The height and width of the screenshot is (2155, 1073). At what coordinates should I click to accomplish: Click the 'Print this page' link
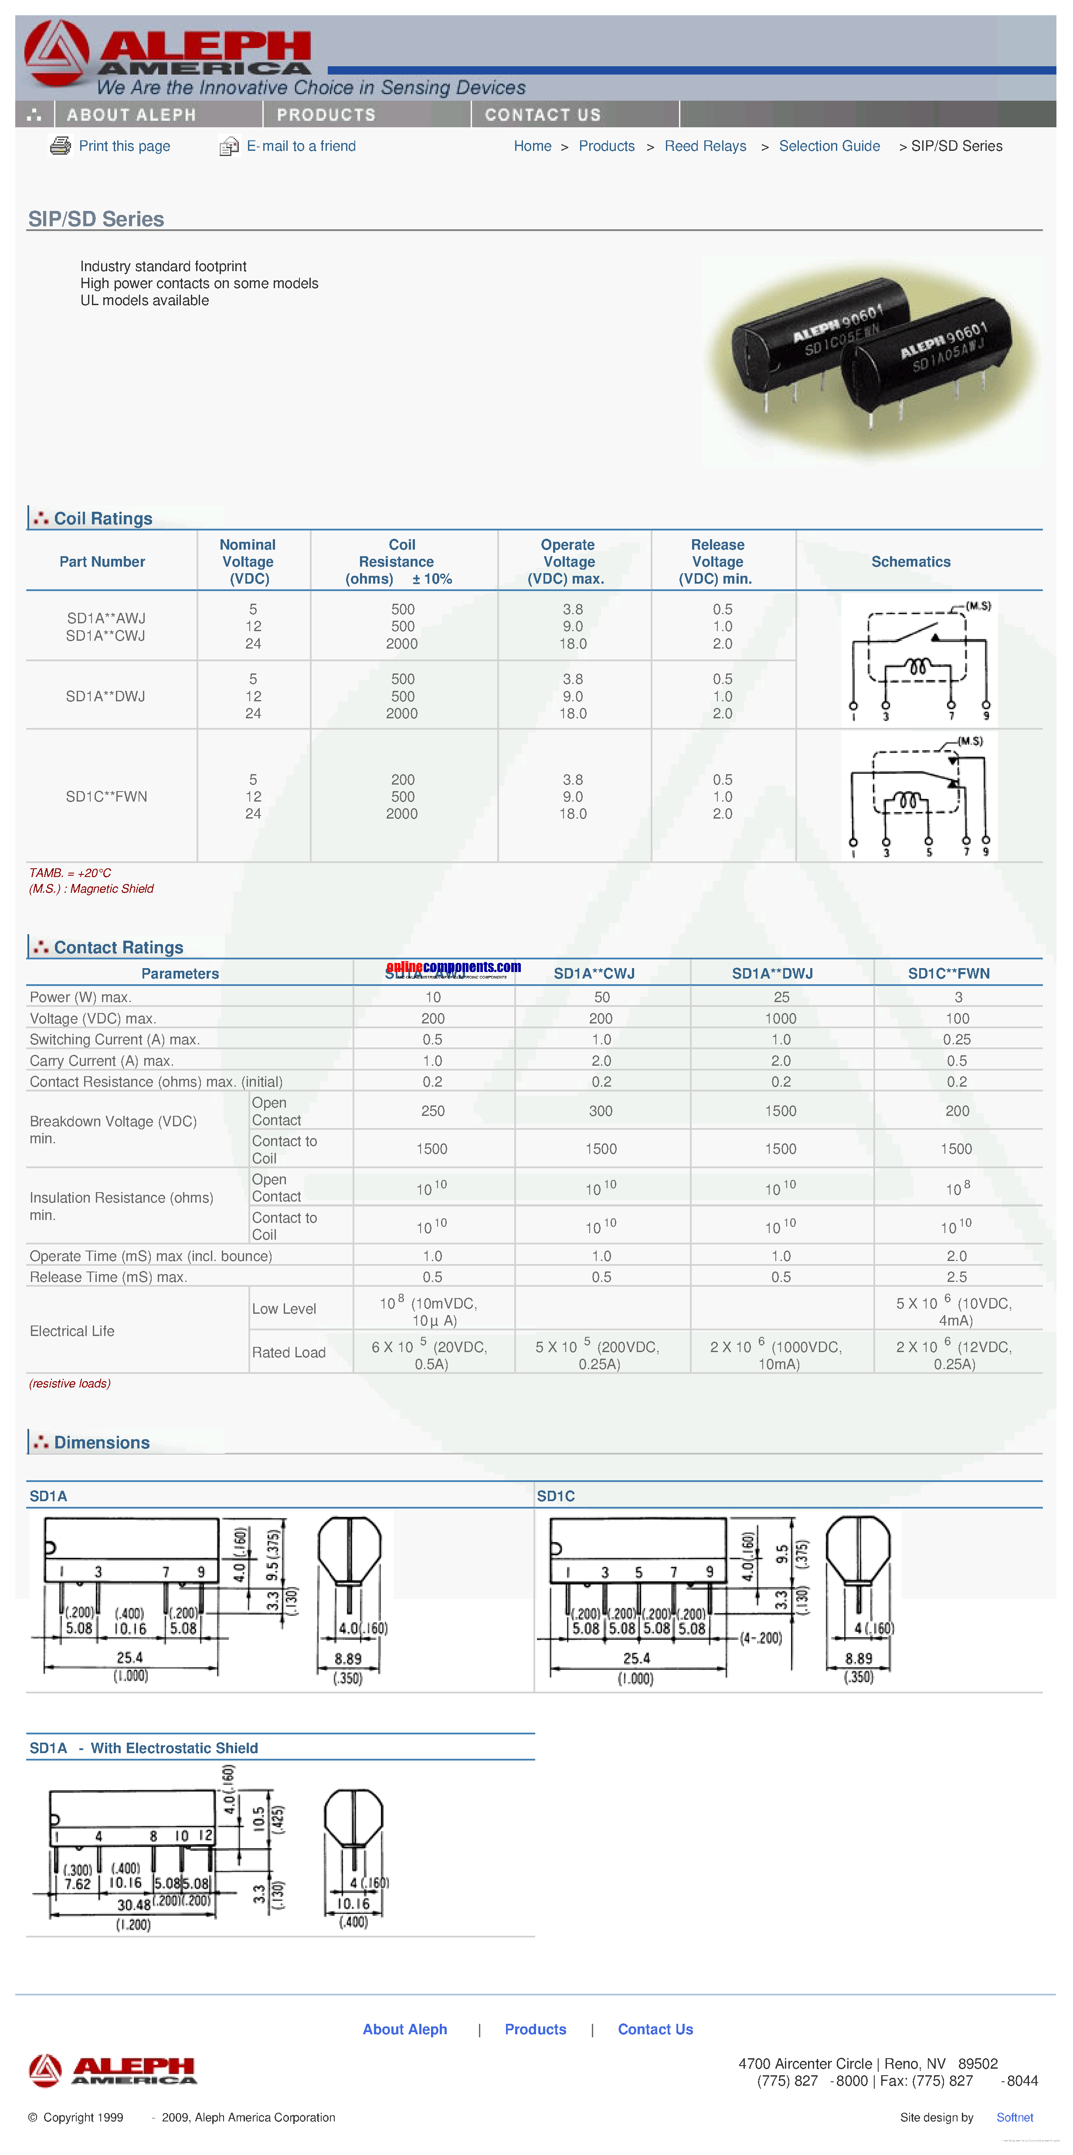pyautogui.click(x=124, y=146)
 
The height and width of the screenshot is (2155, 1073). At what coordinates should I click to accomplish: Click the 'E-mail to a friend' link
pyautogui.click(x=300, y=146)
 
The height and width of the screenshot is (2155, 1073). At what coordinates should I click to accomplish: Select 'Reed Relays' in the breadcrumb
pyautogui.click(x=705, y=146)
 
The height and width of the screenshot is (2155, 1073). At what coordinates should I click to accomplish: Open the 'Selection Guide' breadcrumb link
pyautogui.click(x=829, y=146)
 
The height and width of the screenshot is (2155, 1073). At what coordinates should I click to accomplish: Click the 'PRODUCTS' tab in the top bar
pyautogui.click(x=326, y=115)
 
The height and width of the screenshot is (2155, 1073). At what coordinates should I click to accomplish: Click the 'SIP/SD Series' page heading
pyautogui.click(x=96, y=219)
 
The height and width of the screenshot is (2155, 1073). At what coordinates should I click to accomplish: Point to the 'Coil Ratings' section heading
pyautogui.click(x=103, y=519)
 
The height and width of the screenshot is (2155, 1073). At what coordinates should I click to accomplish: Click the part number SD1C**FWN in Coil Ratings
pyautogui.click(x=106, y=796)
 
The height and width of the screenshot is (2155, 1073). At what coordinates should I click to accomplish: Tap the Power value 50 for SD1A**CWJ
pyautogui.click(x=601, y=997)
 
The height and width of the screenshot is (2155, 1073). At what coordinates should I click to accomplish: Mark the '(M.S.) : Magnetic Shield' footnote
pyautogui.click(x=91, y=888)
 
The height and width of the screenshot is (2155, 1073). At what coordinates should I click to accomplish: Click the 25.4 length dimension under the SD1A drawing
pyautogui.click(x=129, y=1657)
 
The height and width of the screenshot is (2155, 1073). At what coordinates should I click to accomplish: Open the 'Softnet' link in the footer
pyautogui.click(x=1015, y=2118)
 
